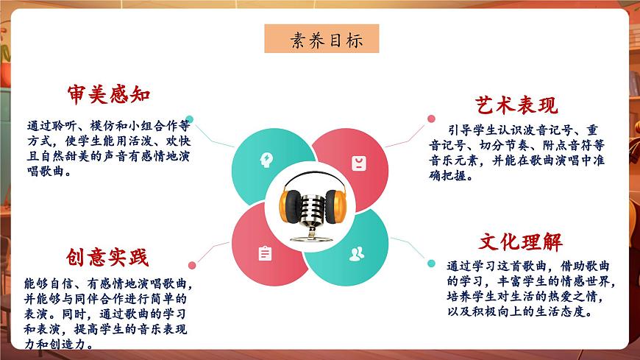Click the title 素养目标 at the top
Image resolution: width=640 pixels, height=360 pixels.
(x=322, y=39)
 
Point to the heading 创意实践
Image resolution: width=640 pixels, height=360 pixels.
(x=107, y=257)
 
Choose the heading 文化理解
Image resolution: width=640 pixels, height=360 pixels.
(x=520, y=241)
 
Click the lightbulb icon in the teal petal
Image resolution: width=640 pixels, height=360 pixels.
(x=265, y=160)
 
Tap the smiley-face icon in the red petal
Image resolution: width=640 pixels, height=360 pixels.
(x=358, y=163)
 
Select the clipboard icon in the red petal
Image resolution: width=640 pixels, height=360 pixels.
(x=265, y=253)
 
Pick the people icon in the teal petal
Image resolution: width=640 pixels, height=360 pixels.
(x=357, y=255)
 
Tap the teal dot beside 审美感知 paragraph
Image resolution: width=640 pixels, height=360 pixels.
(x=190, y=118)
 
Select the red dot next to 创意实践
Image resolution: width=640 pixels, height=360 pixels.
(x=192, y=265)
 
